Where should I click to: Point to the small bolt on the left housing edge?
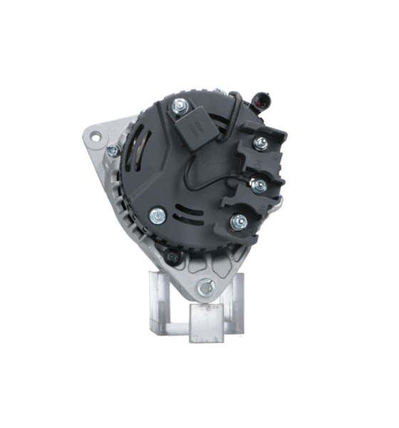[x=113, y=151]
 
